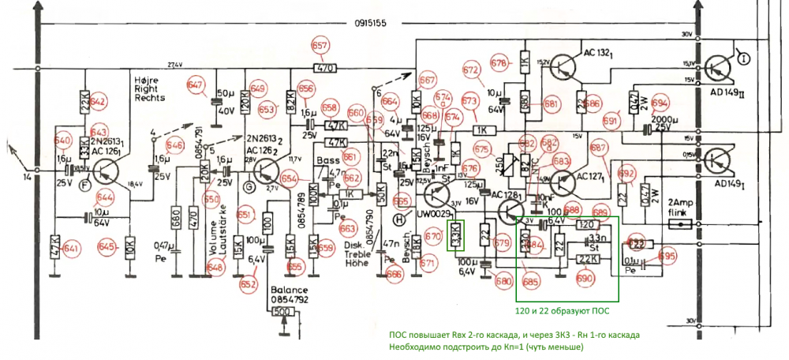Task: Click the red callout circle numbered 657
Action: point(320,47)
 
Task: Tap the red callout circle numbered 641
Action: point(73,249)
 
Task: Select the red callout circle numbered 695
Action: point(667,256)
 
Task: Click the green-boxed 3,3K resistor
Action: point(457,234)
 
